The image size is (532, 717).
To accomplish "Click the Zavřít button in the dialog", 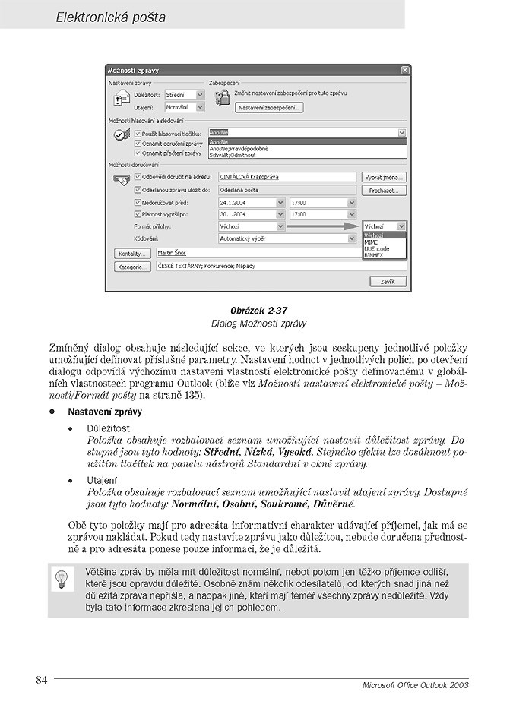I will click(x=388, y=281).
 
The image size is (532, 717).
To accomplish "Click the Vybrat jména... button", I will click(x=384, y=177).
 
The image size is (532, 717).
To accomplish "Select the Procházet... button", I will click(x=384, y=190).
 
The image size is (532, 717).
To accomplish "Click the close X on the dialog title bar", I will click(x=404, y=70).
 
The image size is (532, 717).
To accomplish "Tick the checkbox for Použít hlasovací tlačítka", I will click(x=138, y=133).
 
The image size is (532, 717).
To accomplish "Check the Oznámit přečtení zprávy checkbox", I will click(x=138, y=153).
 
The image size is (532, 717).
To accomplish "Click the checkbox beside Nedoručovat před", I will click(x=138, y=203).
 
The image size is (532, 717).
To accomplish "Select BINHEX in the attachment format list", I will click(x=373, y=255).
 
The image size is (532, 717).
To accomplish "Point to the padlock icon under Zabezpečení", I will click(x=221, y=97).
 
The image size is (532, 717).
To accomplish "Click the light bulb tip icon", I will click(x=61, y=580).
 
